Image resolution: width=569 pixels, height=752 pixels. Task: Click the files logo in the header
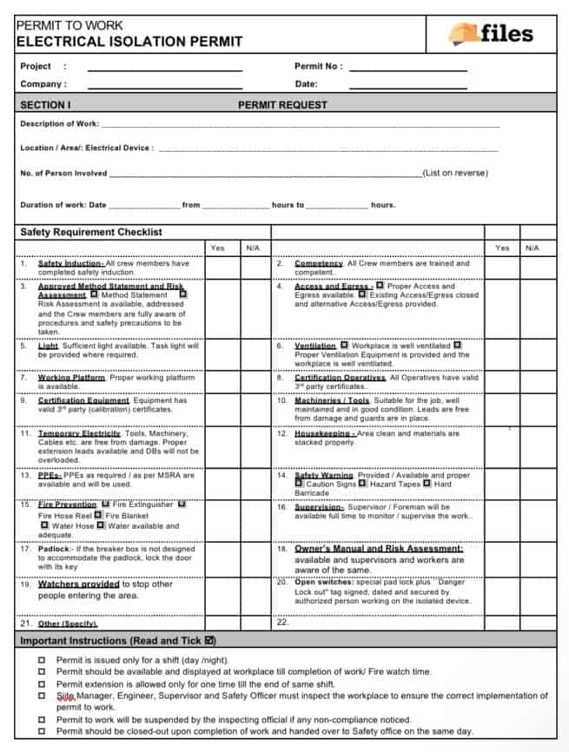point(491,34)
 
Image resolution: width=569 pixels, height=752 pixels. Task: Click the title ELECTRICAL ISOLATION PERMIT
point(129,42)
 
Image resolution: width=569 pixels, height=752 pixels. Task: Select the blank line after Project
point(164,67)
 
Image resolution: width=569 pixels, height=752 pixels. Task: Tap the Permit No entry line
point(407,67)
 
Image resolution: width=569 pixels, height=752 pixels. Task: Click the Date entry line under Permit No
point(407,85)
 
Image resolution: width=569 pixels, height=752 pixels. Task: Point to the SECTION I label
point(45,105)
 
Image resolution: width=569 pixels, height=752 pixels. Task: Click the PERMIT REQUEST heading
point(282,105)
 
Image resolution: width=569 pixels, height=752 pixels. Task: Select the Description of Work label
point(59,124)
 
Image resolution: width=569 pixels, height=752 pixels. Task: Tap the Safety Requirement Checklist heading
point(91,232)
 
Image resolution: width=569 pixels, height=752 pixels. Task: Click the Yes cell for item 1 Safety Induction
point(217,267)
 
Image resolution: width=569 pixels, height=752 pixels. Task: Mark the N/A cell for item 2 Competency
point(532,267)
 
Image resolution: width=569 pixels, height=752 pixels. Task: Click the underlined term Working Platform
point(71,378)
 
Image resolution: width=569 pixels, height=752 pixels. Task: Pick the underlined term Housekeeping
point(324,433)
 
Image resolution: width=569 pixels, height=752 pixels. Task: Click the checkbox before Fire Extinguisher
point(105,504)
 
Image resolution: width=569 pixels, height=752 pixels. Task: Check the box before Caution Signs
point(299,484)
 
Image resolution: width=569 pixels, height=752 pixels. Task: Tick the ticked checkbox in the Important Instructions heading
point(208,641)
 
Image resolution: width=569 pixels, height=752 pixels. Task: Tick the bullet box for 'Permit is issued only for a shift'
point(42,660)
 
